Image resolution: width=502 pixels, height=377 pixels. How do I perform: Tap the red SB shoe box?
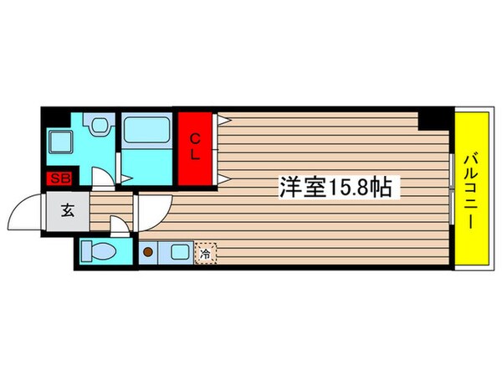[59, 178]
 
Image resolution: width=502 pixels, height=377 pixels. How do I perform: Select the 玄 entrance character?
[66, 210]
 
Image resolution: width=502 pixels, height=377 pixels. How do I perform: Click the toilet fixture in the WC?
[98, 252]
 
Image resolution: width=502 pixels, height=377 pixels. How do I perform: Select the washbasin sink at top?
[100, 127]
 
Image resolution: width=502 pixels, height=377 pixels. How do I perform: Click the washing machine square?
[61, 140]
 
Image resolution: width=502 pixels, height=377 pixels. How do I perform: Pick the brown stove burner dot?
[147, 250]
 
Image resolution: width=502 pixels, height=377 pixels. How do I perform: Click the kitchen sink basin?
[178, 250]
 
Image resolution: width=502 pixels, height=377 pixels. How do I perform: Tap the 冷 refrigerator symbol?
[204, 250]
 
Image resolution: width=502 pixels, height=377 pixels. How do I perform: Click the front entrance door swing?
[27, 213]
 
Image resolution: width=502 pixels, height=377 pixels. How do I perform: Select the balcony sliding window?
[453, 188]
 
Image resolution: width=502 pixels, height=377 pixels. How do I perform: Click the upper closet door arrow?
[223, 120]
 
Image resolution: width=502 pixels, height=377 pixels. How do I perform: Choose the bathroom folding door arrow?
[126, 178]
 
